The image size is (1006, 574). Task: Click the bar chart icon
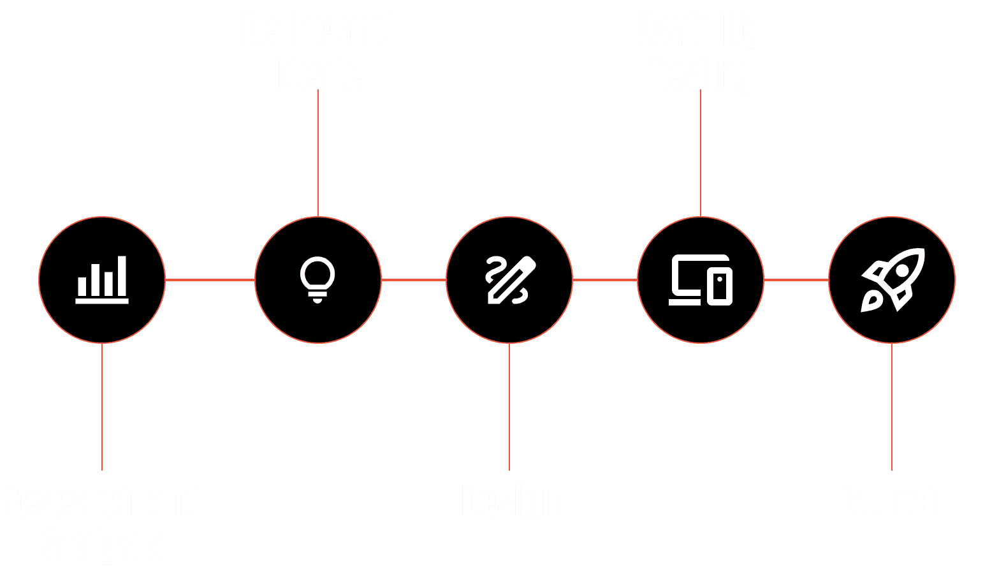pyautogui.click(x=102, y=280)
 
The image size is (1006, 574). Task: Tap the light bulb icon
pyautogui.click(x=317, y=279)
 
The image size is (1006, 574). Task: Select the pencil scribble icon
pyautogui.click(x=509, y=280)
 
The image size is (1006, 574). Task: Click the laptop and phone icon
pyautogui.click(x=700, y=280)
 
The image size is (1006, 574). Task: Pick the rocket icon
pyautogui.click(x=892, y=280)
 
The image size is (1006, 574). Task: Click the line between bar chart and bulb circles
pyautogui.click(x=210, y=280)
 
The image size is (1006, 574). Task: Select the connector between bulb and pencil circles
pyautogui.click(x=414, y=280)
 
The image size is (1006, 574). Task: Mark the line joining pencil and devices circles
pyautogui.click(x=605, y=280)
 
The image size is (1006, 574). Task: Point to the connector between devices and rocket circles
pyautogui.click(x=796, y=280)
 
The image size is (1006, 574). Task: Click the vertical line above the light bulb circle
pyautogui.click(x=318, y=153)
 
